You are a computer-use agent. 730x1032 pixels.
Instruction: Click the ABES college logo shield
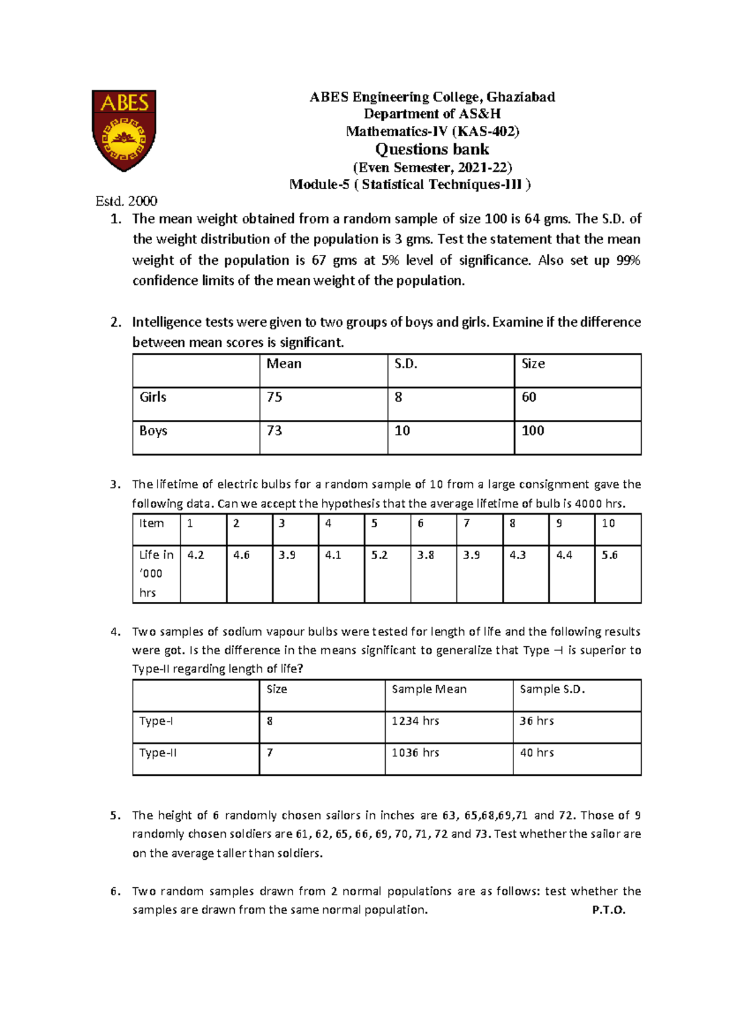tap(124, 130)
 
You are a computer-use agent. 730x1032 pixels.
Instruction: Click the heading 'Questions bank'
tap(432, 149)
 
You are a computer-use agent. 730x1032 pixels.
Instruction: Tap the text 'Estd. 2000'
tap(127, 201)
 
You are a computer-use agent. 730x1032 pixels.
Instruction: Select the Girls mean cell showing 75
tap(274, 397)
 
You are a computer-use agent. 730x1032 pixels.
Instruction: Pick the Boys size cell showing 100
tap(532, 431)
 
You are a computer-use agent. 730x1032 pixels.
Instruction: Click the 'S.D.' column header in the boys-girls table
tap(406, 364)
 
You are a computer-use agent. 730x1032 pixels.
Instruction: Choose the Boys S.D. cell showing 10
tap(402, 431)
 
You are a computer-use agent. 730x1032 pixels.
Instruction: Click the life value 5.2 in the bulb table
tap(379, 555)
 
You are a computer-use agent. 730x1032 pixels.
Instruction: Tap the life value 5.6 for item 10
tap(610, 555)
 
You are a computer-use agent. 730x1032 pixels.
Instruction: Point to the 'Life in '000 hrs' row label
tap(156, 573)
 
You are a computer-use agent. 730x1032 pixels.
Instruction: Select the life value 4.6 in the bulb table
tap(242, 555)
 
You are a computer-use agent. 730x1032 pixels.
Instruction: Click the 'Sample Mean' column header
tap(429, 689)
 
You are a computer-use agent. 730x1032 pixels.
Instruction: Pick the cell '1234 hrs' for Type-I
tap(415, 721)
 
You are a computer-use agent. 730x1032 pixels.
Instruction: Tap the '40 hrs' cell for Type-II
tap(537, 753)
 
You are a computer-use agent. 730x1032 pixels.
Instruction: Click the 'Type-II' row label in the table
tap(158, 753)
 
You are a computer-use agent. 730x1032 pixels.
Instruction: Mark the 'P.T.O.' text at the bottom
tap(608, 910)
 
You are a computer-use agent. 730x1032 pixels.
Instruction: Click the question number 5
tap(115, 815)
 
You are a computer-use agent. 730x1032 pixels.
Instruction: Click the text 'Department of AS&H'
tap(432, 114)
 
